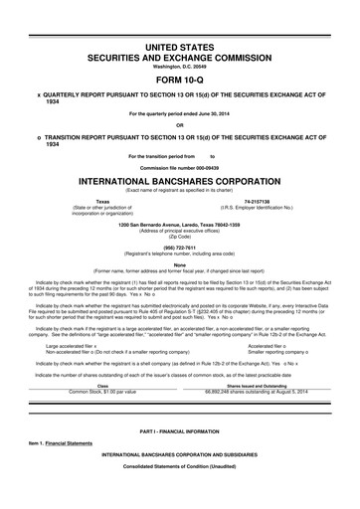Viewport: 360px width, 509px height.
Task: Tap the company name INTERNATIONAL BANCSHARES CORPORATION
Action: click(x=179, y=183)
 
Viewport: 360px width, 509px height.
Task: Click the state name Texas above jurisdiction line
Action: click(x=101, y=200)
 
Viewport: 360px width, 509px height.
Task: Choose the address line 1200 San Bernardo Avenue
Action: click(x=179, y=224)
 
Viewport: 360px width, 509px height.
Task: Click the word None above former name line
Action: click(x=179, y=263)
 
